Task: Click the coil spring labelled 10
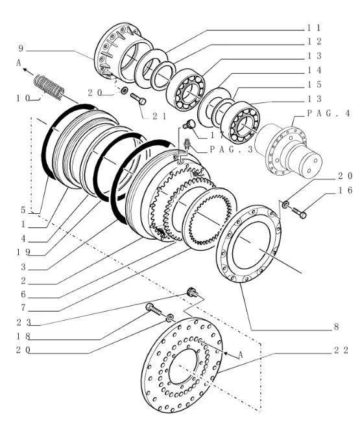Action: pyautogui.click(x=49, y=87)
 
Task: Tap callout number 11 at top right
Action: pyautogui.click(x=314, y=28)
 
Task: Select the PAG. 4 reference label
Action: pyautogui.click(x=329, y=113)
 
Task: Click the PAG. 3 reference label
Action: pyautogui.click(x=232, y=149)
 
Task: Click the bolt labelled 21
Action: pyautogui.click(x=138, y=98)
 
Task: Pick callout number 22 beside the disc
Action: pyautogui.click(x=341, y=350)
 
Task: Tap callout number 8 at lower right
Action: pyautogui.click(x=336, y=327)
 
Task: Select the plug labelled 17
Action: pyautogui.click(x=189, y=124)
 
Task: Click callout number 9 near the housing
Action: pyautogui.click(x=21, y=49)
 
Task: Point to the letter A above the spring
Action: pyautogui.click(x=19, y=63)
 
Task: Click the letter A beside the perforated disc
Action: pyautogui.click(x=240, y=355)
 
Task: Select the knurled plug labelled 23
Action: pyautogui.click(x=193, y=292)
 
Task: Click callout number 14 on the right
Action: pyautogui.click(x=314, y=70)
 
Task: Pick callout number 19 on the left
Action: pyautogui.click(x=23, y=252)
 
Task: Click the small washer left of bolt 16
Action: pyautogui.click(x=285, y=204)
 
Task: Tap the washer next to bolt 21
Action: pyautogui.click(x=125, y=90)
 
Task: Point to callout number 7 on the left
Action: pyautogui.click(x=23, y=308)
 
